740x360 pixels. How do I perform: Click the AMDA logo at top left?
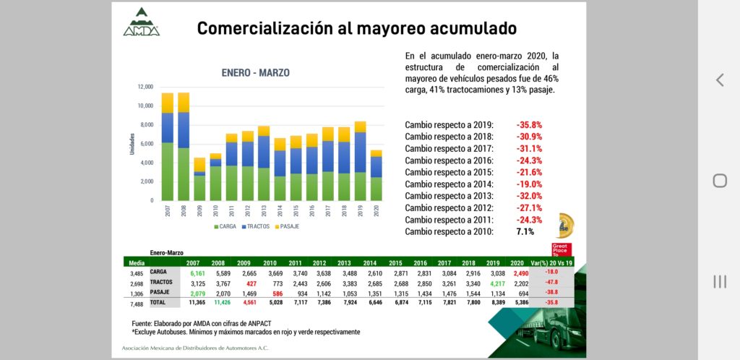tap(141, 22)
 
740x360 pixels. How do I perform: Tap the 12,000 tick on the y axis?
tap(145, 87)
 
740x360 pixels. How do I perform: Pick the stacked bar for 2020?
tap(376, 175)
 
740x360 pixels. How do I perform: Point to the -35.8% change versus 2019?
tap(529, 124)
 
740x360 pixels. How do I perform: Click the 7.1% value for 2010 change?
tap(525, 231)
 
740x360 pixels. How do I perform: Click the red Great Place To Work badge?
tap(562, 249)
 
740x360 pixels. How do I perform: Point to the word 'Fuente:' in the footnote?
tap(145, 322)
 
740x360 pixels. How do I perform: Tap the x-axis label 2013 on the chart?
tap(262, 212)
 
